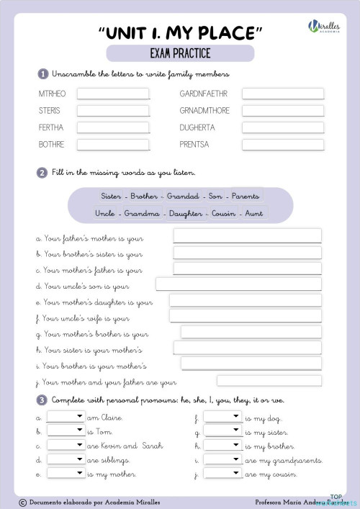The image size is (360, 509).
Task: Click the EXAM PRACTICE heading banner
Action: tap(180, 53)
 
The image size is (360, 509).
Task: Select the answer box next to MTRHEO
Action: tap(113, 94)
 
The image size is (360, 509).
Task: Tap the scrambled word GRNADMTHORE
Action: tap(205, 111)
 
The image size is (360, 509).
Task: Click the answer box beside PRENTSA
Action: tap(282, 144)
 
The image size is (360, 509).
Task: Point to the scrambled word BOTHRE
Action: tap(51, 144)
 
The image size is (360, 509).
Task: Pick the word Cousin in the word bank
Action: tap(224, 213)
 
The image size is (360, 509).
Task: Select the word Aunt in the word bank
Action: tap(253, 213)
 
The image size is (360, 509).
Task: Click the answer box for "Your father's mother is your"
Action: tap(247, 236)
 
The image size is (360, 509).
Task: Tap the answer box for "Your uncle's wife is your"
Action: tap(245, 316)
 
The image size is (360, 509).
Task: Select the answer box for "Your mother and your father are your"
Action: tap(269, 381)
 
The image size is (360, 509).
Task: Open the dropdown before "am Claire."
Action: tap(66, 417)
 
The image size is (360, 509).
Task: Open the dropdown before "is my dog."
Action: tap(222, 417)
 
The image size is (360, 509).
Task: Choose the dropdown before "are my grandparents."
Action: tap(222, 459)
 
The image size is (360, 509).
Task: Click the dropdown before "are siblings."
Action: tap(66, 459)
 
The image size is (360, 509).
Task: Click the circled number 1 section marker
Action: tap(43, 74)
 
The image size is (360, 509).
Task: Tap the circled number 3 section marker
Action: tap(43, 400)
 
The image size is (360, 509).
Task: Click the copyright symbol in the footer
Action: tap(22, 501)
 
